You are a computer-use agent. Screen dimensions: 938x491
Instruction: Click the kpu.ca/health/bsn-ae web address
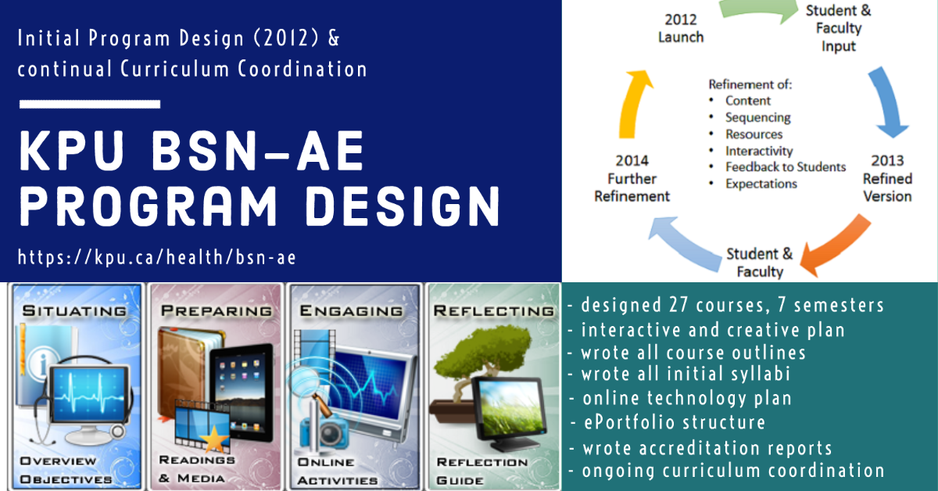tap(157, 257)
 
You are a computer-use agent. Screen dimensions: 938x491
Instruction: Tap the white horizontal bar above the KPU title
tap(90, 104)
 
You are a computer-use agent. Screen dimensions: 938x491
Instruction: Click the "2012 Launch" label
tap(681, 28)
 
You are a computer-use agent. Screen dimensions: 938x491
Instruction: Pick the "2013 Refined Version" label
tap(887, 178)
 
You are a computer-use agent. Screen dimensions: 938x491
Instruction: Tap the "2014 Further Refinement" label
tap(632, 178)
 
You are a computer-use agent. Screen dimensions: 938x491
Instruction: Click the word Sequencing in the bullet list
tap(758, 118)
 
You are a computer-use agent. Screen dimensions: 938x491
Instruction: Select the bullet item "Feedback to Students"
tap(786, 167)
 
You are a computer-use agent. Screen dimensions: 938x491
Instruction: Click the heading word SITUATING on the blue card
tap(74, 311)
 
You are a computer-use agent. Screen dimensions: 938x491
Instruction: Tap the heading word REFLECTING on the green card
tap(494, 311)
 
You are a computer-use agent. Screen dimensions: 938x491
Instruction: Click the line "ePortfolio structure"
tap(675, 422)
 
